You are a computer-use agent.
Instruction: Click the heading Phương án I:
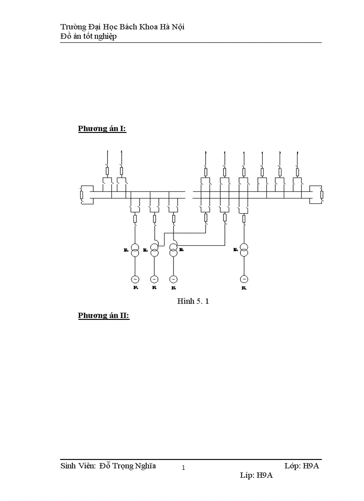(102, 129)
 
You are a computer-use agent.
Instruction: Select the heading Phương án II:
(103, 315)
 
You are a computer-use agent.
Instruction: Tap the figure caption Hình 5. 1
(193, 302)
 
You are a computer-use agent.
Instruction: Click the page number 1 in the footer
(183, 468)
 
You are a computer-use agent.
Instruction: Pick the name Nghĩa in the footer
(145, 466)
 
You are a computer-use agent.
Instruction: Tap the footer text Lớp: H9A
(302, 466)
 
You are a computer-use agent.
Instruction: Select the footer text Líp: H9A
(256, 476)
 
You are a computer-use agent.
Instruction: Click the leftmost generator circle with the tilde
(135, 279)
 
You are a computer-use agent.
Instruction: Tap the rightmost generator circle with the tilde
(244, 279)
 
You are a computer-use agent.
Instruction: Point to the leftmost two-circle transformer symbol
(135, 250)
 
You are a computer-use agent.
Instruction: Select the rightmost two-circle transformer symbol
(244, 250)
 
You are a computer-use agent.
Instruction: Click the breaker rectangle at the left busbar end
(81, 195)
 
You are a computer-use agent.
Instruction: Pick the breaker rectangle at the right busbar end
(322, 195)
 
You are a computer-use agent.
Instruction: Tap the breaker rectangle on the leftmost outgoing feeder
(107, 172)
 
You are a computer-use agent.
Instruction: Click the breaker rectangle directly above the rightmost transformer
(244, 218)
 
